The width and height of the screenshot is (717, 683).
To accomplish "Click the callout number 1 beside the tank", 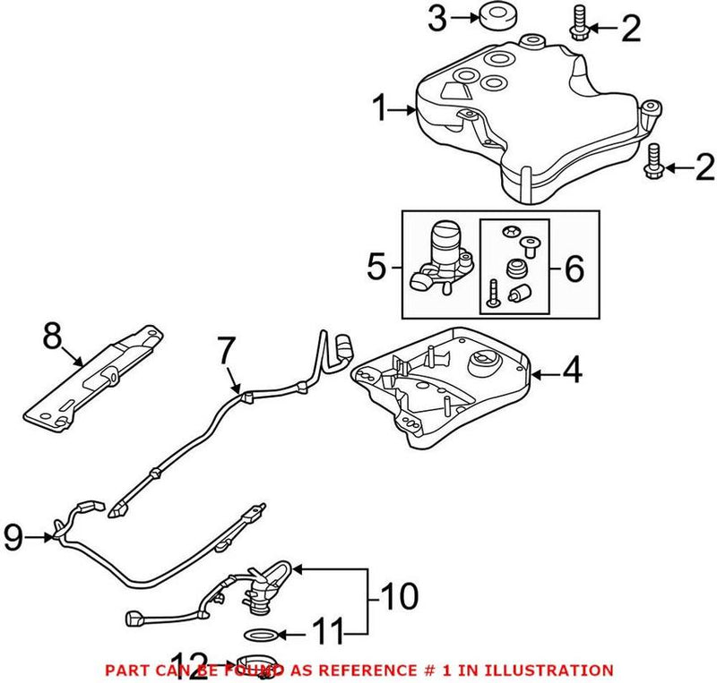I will point(381,110).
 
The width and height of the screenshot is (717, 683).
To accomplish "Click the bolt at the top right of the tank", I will point(577,21).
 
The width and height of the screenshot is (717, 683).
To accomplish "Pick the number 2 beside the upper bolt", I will point(631,30).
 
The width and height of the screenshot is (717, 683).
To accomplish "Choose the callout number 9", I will point(14,537).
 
